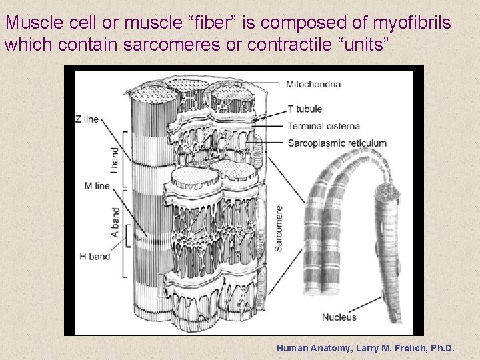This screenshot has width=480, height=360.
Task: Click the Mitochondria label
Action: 313,85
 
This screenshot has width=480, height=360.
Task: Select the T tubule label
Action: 305,109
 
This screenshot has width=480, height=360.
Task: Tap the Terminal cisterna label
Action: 323,126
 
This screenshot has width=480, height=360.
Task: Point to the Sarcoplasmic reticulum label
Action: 337,143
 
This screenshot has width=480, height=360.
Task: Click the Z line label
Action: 87,119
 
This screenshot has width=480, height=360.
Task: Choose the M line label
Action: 97,186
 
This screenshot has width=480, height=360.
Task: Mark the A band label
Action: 115,223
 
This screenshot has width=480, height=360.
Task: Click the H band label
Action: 95,256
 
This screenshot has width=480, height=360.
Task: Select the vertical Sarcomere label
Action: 279,227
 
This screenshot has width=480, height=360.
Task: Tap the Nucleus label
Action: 339,317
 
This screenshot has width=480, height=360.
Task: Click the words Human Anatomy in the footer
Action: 309,348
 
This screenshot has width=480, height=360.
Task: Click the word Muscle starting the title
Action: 34,23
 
